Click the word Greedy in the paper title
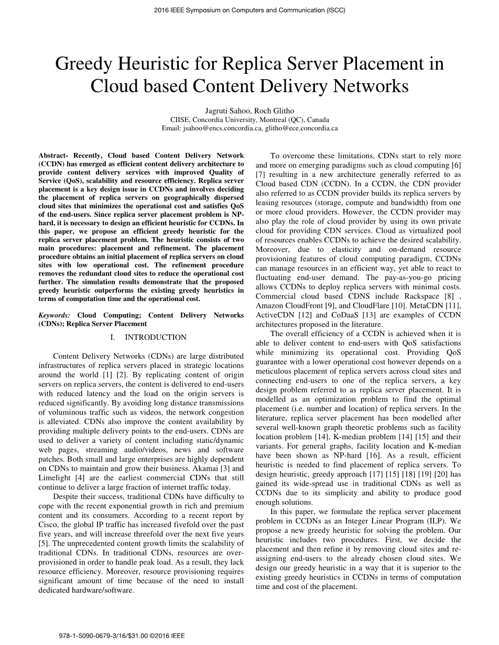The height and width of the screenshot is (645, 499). pyautogui.click(x=85, y=64)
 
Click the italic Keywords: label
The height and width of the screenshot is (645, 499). pyautogui.click(x=54, y=315)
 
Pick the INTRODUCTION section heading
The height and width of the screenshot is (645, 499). pyautogui.click(x=155, y=337)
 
